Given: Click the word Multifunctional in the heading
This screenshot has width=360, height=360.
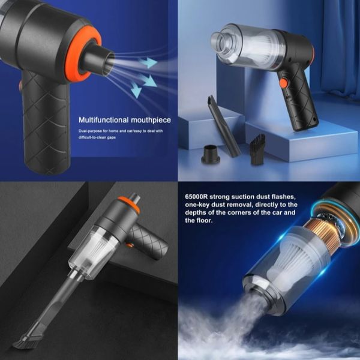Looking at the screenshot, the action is tap(104, 120).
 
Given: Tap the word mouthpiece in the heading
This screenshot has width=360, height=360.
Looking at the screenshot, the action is tap(151, 121).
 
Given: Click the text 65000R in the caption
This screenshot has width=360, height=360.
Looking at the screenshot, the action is tap(196, 197).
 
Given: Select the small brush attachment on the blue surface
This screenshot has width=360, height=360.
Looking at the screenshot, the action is tap(258, 149).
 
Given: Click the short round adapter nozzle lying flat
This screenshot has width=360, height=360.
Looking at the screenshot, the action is tap(211, 154).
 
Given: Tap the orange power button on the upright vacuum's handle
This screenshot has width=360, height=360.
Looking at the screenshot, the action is tap(284, 83).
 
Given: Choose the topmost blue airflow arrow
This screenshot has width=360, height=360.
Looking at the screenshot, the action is tap(148, 62).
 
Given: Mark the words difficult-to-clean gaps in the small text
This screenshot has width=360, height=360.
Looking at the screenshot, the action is tap(97, 137).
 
